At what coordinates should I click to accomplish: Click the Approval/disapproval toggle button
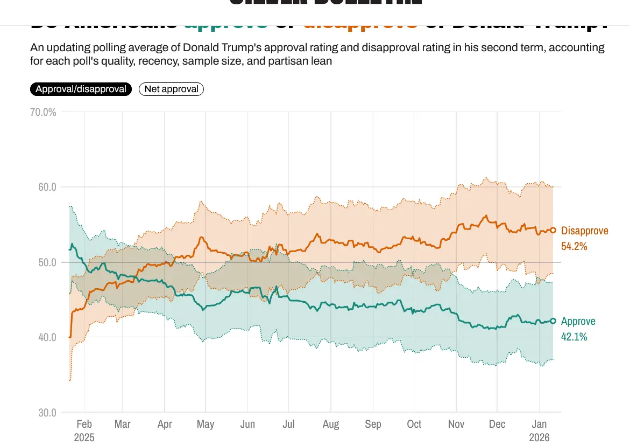81,89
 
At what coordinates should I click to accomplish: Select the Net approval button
171,89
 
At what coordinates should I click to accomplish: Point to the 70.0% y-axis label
44,113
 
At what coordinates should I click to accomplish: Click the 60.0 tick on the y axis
46,187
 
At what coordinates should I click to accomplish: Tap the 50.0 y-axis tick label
46,262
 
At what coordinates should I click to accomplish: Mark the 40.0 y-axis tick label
46,337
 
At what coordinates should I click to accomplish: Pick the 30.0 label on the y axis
46,413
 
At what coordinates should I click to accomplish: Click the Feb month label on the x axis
84,425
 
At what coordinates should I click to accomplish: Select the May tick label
206,425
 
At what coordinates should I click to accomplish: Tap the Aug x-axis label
331,425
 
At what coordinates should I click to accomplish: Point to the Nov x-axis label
456,425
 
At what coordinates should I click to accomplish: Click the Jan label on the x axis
540,425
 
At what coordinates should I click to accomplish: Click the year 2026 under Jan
540,437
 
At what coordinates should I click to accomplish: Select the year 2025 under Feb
84,437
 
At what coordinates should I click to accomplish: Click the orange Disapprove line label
584,231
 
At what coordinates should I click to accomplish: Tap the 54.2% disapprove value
574,246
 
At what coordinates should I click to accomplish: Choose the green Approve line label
578,322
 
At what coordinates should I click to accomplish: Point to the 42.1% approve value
574,337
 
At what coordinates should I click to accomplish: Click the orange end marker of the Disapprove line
553,231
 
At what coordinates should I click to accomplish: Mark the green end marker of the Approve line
553,321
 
